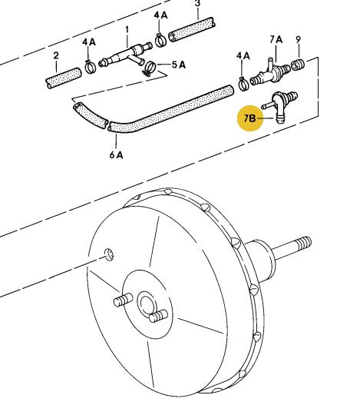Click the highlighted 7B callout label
point(249,118)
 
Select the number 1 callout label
point(127,30)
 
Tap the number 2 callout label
point(56,55)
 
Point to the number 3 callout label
point(197,4)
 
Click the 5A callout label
point(179,65)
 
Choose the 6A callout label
point(116,155)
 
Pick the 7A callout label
point(276,40)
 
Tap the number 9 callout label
point(299,39)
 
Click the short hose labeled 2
point(64,78)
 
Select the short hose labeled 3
point(192,29)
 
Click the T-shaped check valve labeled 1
point(126,56)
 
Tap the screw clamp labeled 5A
point(149,68)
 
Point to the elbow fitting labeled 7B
point(280,106)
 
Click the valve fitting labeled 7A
point(271,73)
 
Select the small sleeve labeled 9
point(298,65)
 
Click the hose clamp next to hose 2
point(90,67)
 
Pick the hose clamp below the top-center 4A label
point(160,40)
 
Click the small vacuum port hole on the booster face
point(109,254)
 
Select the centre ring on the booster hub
point(147,304)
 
